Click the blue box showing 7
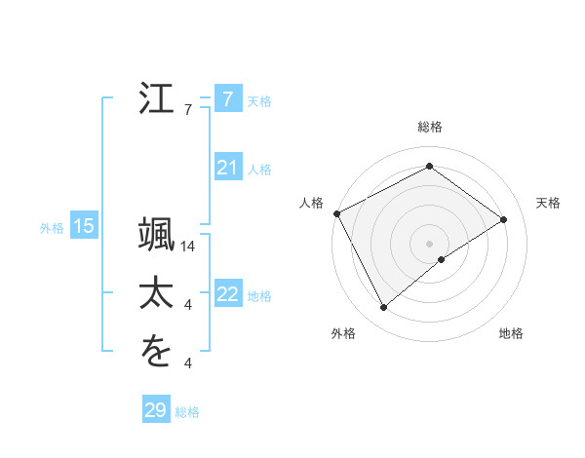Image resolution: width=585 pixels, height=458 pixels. click(x=227, y=99)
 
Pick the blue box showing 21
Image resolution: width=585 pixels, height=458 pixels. click(x=227, y=168)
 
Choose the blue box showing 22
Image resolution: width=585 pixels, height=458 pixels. click(x=227, y=293)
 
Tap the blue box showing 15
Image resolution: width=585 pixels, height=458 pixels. click(x=83, y=227)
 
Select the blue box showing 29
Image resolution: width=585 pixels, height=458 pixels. click(x=155, y=410)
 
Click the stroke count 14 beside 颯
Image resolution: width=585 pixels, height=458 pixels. click(x=189, y=247)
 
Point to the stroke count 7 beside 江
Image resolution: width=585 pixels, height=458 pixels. click(x=189, y=110)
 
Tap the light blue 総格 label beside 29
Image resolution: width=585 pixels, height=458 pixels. click(x=187, y=412)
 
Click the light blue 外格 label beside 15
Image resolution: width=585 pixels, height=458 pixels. click(x=52, y=228)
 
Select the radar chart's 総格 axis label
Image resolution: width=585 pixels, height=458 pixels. click(x=429, y=127)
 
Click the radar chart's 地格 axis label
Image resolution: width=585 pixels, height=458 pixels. click(x=511, y=334)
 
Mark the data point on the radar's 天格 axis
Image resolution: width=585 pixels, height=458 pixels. click(x=504, y=219)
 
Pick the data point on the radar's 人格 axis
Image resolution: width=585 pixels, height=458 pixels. click(x=336, y=213)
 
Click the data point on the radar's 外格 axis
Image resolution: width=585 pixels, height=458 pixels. click(x=383, y=308)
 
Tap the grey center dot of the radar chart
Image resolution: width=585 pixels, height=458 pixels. click(x=429, y=243)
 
